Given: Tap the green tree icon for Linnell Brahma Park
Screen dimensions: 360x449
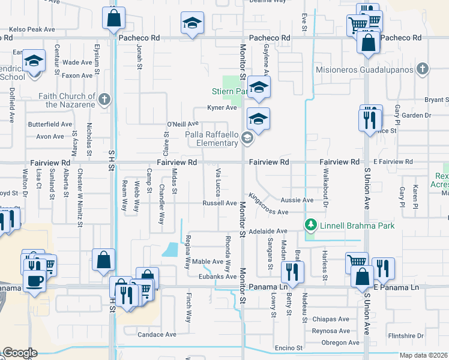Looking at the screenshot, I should point(311,226).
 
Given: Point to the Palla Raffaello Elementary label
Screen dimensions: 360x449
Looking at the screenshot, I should point(211,139).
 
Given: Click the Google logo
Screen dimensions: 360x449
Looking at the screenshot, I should point(20,353).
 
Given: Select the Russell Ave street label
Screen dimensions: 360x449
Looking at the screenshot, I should point(219,203).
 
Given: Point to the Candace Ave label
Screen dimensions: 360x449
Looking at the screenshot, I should point(157,334).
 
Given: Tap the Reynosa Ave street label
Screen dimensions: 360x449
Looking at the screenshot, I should point(331,331).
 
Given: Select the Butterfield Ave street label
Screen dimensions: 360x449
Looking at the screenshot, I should point(50,124).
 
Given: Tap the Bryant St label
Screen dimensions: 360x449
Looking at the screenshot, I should point(436,100).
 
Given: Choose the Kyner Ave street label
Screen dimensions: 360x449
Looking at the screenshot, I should point(222,107).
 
